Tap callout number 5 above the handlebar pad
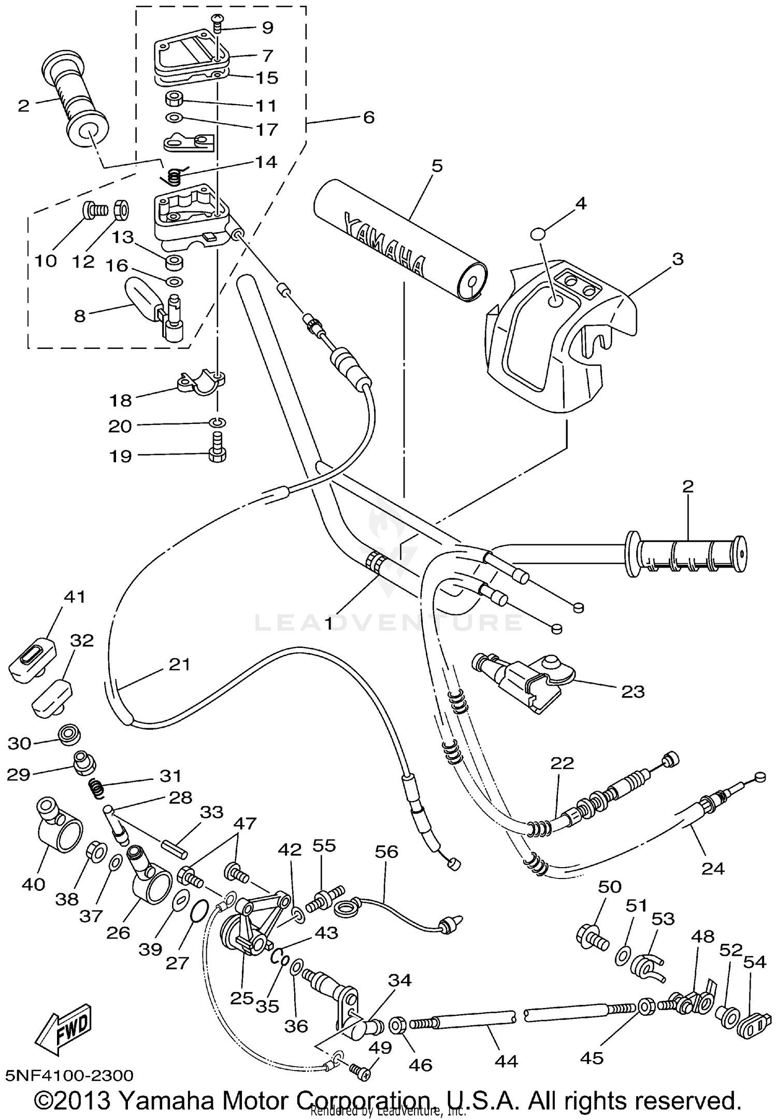(437, 166)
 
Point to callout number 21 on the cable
(180, 664)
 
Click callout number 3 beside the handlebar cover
(678, 259)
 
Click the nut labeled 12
(121, 209)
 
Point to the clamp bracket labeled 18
(197, 381)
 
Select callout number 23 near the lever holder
(632, 691)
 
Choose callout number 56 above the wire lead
(386, 852)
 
